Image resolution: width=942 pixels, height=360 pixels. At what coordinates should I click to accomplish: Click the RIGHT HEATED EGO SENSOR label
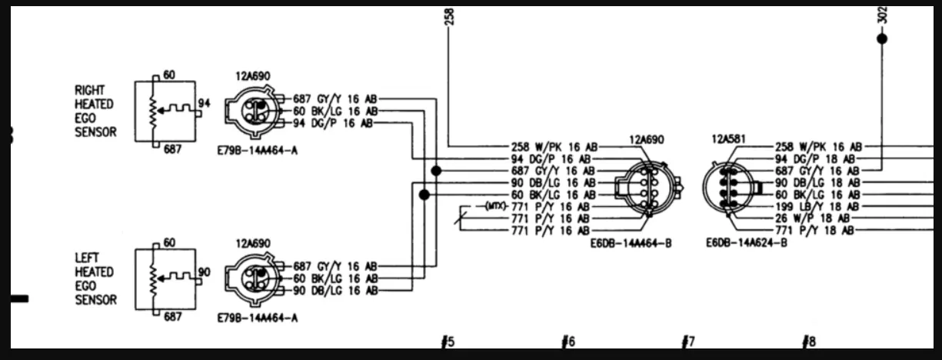coord(95,111)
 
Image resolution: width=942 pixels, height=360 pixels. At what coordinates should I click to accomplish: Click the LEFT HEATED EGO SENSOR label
coord(95,278)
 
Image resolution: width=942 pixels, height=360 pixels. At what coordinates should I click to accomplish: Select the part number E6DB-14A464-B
coord(631,243)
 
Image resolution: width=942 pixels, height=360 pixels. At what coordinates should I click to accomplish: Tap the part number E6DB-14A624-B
coord(747,242)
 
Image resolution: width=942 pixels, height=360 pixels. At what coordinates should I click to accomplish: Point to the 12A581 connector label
coord(728,138)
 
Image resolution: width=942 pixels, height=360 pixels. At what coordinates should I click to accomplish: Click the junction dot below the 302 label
coord(882,38)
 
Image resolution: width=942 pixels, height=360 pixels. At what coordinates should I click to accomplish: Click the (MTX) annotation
coord(496,206)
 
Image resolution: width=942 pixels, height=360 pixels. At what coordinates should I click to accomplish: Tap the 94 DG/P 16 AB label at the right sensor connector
coord(333,123)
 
